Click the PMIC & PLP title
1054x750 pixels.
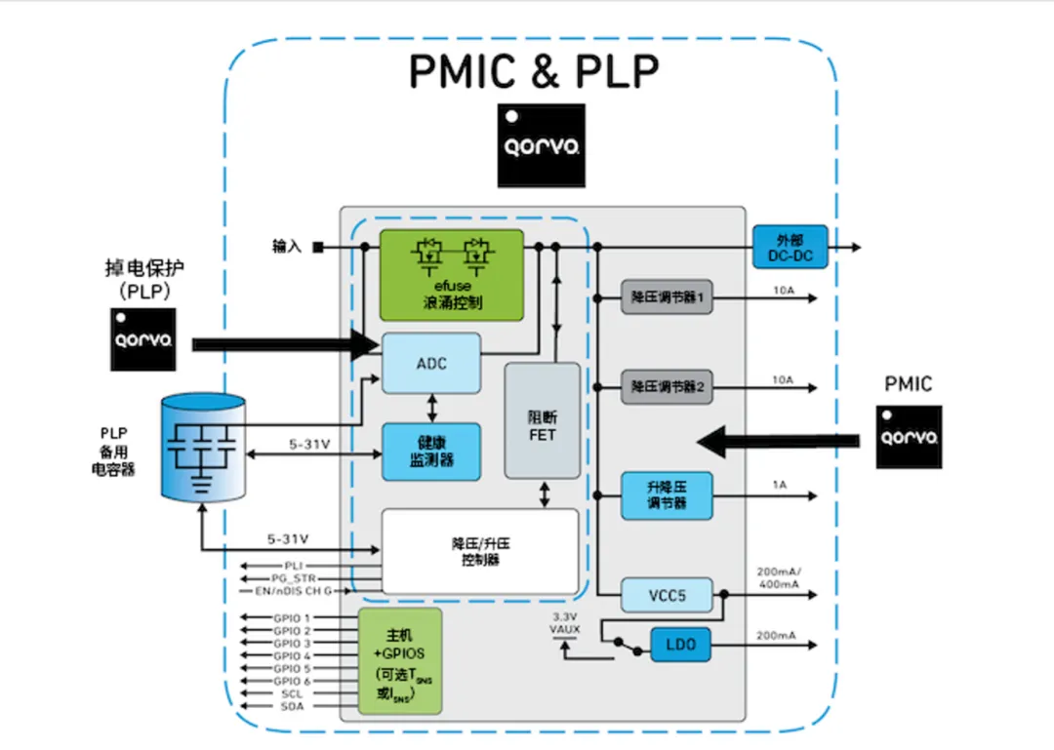[x=534, y=70]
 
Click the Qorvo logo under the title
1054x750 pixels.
[x=542, y=145]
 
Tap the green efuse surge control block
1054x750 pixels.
[x=452, y=275]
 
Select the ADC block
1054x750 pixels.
[x=430, y=364]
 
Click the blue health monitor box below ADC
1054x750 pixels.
[x=430, y=452]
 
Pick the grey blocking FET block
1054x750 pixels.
[x=542, y=420]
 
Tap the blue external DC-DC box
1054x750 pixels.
[x=790, y=248]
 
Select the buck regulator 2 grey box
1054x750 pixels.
[x=668, y=387]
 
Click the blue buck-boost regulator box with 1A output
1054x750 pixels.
[x=668, y=495]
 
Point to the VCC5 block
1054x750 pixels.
[x=668, y=594]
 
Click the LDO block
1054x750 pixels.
[x=681, y=645]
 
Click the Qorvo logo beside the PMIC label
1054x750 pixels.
[x=909, y=435]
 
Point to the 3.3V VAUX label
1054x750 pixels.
[x=566, y=623]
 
